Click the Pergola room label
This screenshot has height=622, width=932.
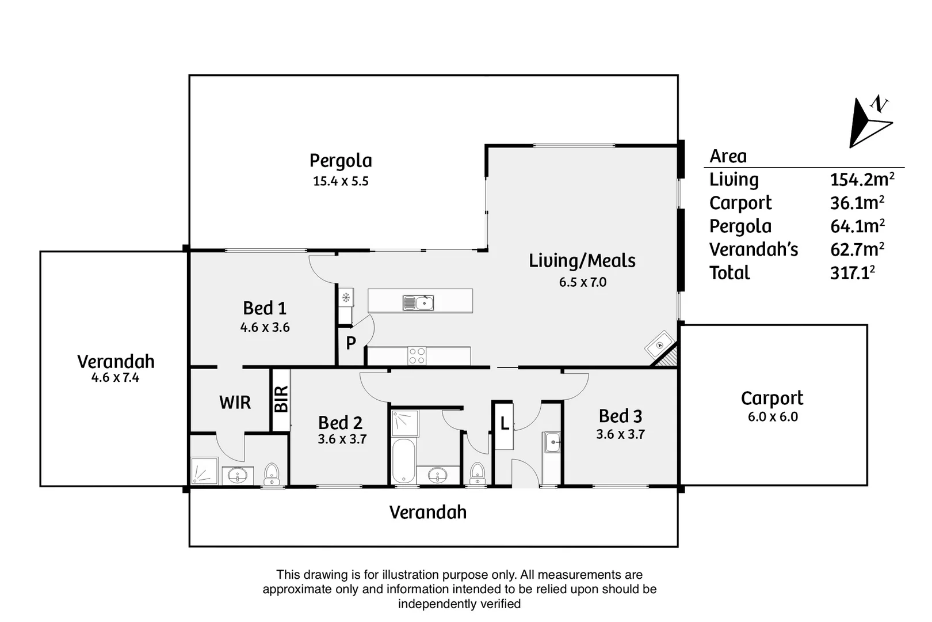point(341,161)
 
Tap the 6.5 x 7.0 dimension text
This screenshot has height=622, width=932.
point(582,282)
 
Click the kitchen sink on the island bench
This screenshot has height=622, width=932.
point(418,302)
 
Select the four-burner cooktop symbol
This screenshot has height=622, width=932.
point(417,356)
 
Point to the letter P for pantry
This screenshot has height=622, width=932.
point(351,343)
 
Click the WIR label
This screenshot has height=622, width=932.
point(235,403)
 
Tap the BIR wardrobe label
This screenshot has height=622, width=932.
point(281,399)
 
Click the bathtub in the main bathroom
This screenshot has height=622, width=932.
point(403,461)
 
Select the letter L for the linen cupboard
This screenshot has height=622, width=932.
point(505,424)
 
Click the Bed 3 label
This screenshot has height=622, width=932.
point(620,416)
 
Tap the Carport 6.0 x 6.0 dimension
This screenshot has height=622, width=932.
point(773,417)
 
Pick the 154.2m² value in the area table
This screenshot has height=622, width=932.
point(861,180)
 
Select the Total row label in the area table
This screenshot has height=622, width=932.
point(729,273)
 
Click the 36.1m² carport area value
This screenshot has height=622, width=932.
point(857,203)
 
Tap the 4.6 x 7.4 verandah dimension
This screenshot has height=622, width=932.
point(115,378)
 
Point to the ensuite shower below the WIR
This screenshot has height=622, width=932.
point(204,471)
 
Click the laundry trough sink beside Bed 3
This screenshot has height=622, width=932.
point(552,443)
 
